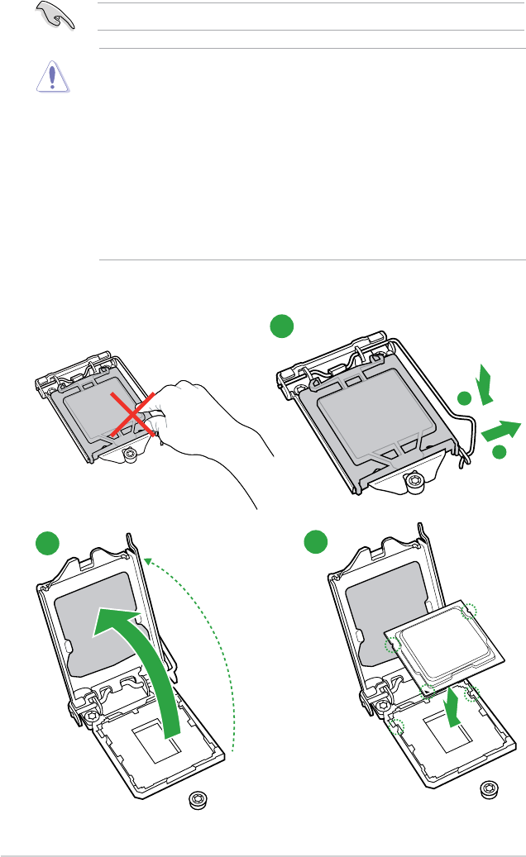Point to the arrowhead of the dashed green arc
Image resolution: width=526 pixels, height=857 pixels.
tap(146, 560)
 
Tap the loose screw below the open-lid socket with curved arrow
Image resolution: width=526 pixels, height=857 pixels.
tap(198, 799)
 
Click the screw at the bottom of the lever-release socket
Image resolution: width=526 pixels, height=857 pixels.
tap(414, 481)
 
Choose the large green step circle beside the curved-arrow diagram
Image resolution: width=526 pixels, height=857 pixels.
tap(49, 543)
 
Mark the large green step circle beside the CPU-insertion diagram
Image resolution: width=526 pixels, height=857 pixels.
tap(314, 543)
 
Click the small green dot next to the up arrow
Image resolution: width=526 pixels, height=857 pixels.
tap(465, 399)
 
